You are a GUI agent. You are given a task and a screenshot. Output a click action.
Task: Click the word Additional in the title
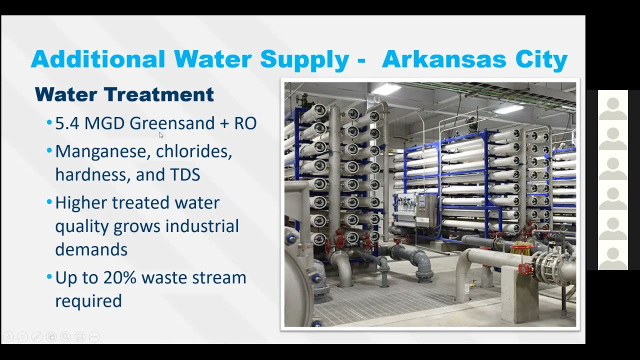pos(97,59)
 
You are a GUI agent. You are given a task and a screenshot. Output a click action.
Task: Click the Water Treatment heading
pos(124,94)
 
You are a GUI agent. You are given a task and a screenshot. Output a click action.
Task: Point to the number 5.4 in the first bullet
pos(67,123)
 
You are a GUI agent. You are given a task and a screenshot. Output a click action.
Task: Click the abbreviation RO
pos(245,123)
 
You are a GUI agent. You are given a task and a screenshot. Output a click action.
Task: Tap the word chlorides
pos(194,151)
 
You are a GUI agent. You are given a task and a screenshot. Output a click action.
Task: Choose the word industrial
pos(202,226)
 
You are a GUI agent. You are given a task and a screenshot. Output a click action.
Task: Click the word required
pos(88,301)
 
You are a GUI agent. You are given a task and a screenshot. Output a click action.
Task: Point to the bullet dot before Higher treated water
pos(49,202)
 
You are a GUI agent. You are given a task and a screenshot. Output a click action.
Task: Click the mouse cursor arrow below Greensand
pos(161,135)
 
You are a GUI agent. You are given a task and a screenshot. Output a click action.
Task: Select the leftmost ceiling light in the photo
pos(386,89)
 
